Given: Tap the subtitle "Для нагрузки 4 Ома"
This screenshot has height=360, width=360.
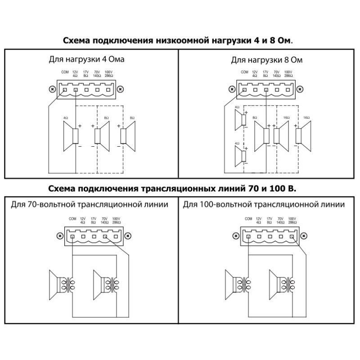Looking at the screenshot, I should (86, 59).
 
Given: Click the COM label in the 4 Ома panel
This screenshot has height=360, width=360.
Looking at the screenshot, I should (65, 72).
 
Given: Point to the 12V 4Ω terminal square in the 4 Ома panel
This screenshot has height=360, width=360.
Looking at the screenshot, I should (76, 90).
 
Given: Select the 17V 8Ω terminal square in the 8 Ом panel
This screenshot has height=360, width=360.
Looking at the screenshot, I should (266, 90).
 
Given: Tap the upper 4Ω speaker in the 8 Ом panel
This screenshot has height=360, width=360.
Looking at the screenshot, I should (240, 118).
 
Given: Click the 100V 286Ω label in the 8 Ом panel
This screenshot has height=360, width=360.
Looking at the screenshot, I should (288, 74).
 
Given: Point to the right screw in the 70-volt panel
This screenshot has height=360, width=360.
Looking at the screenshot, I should (127, 235).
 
